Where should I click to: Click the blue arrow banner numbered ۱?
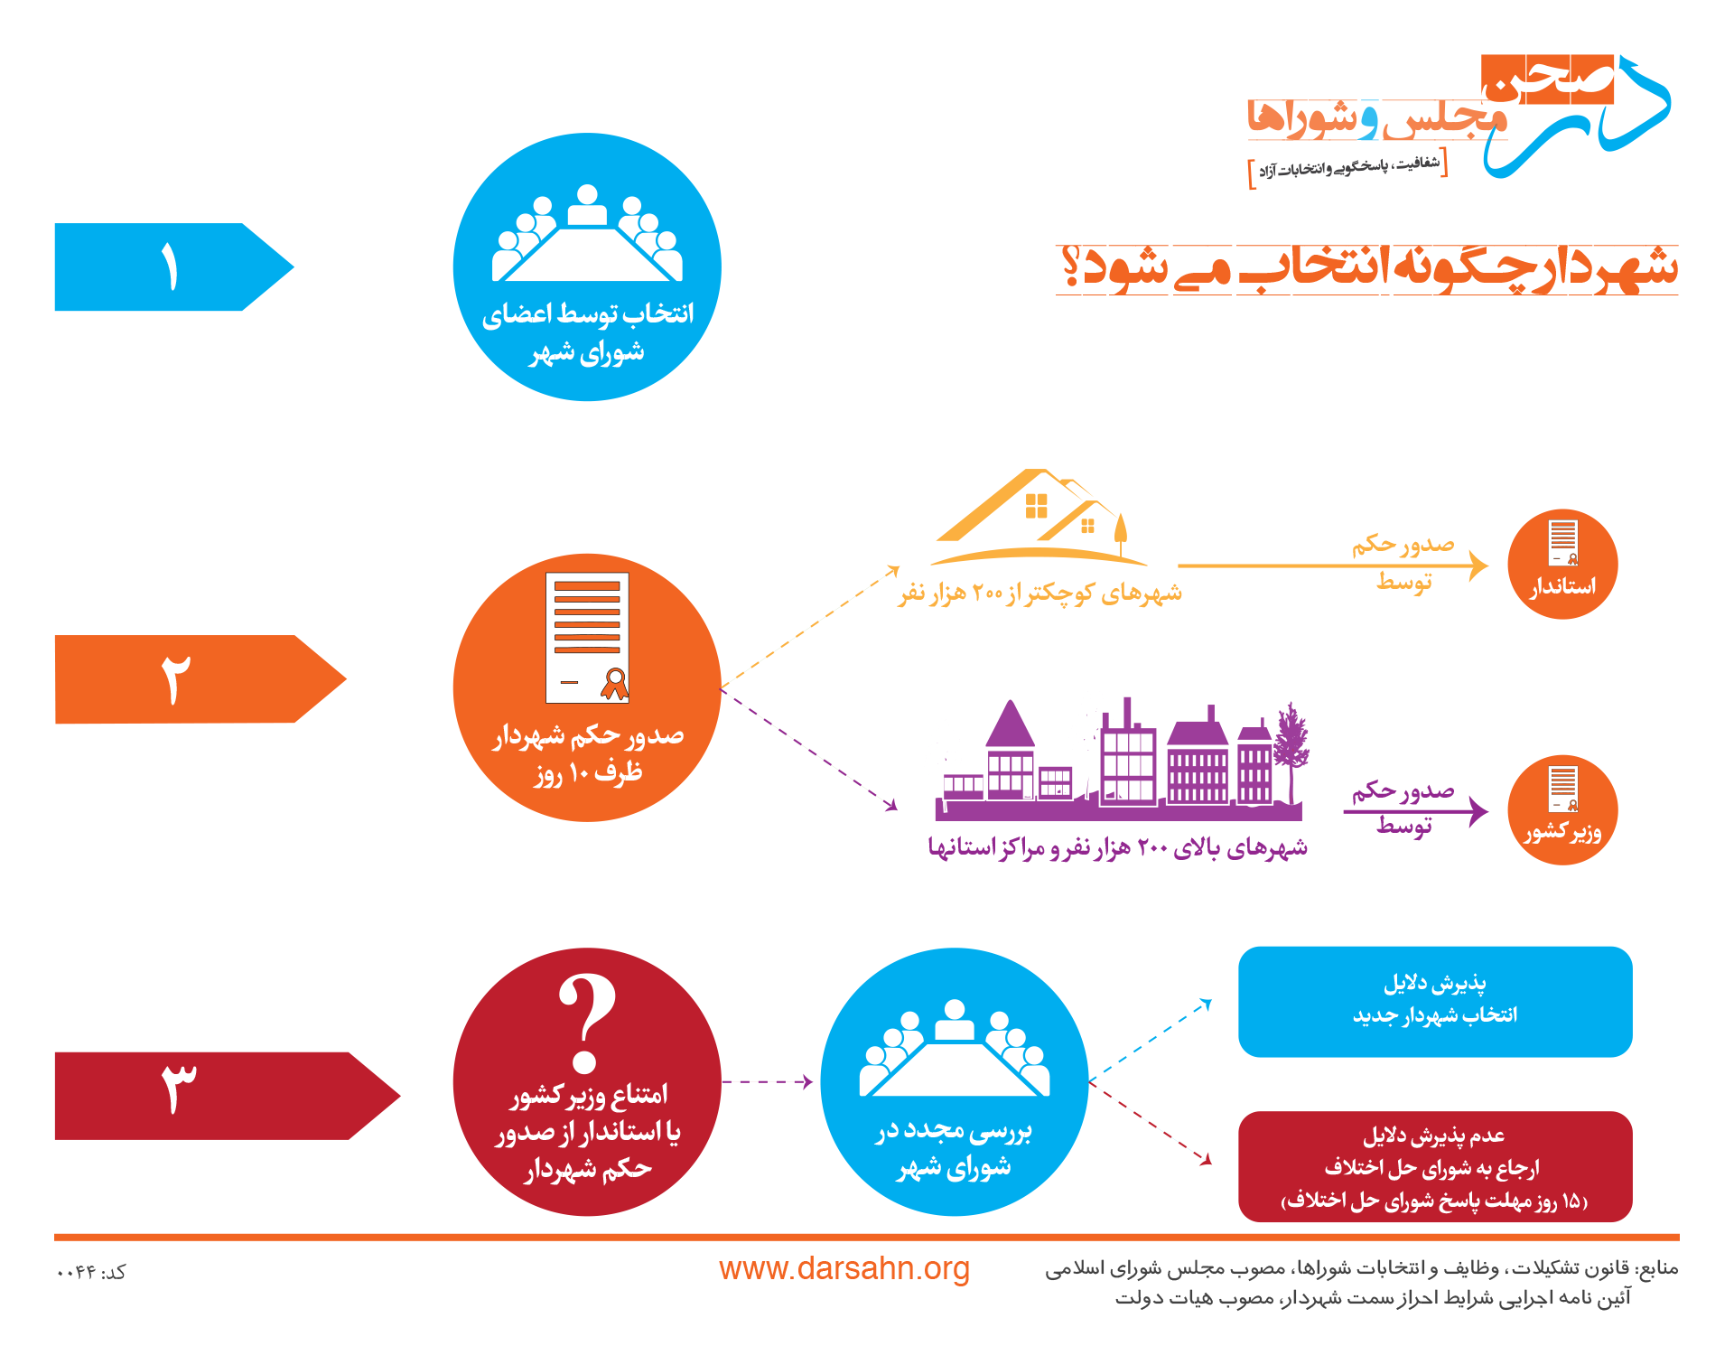(x=172, y=267)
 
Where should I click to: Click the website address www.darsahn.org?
(x=844, y=1269)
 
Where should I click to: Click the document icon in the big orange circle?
(x=587, y=638)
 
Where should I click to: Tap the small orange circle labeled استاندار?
(x=1562, y=565)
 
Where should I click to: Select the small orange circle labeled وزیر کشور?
(x=1562, y=810)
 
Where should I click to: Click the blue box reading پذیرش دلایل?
(x=1435, y=1002)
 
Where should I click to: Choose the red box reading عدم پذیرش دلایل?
(x=1435, y=1167)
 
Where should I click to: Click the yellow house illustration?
(x=1039, y=517)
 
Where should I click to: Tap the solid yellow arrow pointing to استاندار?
(x=1333, y=566)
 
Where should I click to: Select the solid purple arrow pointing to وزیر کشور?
(x=1415, y=811)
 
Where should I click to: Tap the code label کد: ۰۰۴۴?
(x=91, y=1272)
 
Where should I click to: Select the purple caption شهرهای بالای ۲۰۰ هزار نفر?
(x=1118, y=847)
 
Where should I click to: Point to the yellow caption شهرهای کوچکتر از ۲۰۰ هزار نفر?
(x=1040, y=593)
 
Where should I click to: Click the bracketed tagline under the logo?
(x=1348, y=167)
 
